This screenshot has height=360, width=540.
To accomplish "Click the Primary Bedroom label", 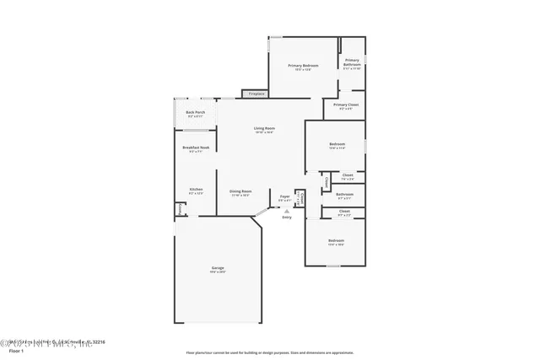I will pos(303,65).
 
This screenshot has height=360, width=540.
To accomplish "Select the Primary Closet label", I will pos(345,106).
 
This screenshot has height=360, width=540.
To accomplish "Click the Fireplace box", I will pos(256,94).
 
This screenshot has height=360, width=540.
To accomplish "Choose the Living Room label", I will pos(265,128).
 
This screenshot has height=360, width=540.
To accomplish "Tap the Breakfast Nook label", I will pos(196,148).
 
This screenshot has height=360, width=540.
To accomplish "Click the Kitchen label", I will pos(196,189).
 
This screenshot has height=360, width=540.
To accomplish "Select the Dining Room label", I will pos(240,191).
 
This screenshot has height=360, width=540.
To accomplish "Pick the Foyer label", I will pos(285,196).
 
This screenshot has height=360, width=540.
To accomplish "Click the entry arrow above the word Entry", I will pos(287,211).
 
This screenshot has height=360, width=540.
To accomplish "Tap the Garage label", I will pos(218,268).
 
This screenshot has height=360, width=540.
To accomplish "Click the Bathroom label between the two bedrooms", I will pos(344,194).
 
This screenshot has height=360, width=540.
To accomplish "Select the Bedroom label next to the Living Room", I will pos(337,144).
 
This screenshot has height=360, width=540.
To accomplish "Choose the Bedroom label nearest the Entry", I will pos(336,240).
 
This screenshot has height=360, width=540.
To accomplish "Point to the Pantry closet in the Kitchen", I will pos(180,209).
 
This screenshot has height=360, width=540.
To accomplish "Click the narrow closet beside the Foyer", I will pos(299,197).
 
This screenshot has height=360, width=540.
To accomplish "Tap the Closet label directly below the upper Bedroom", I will pos(348,175).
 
